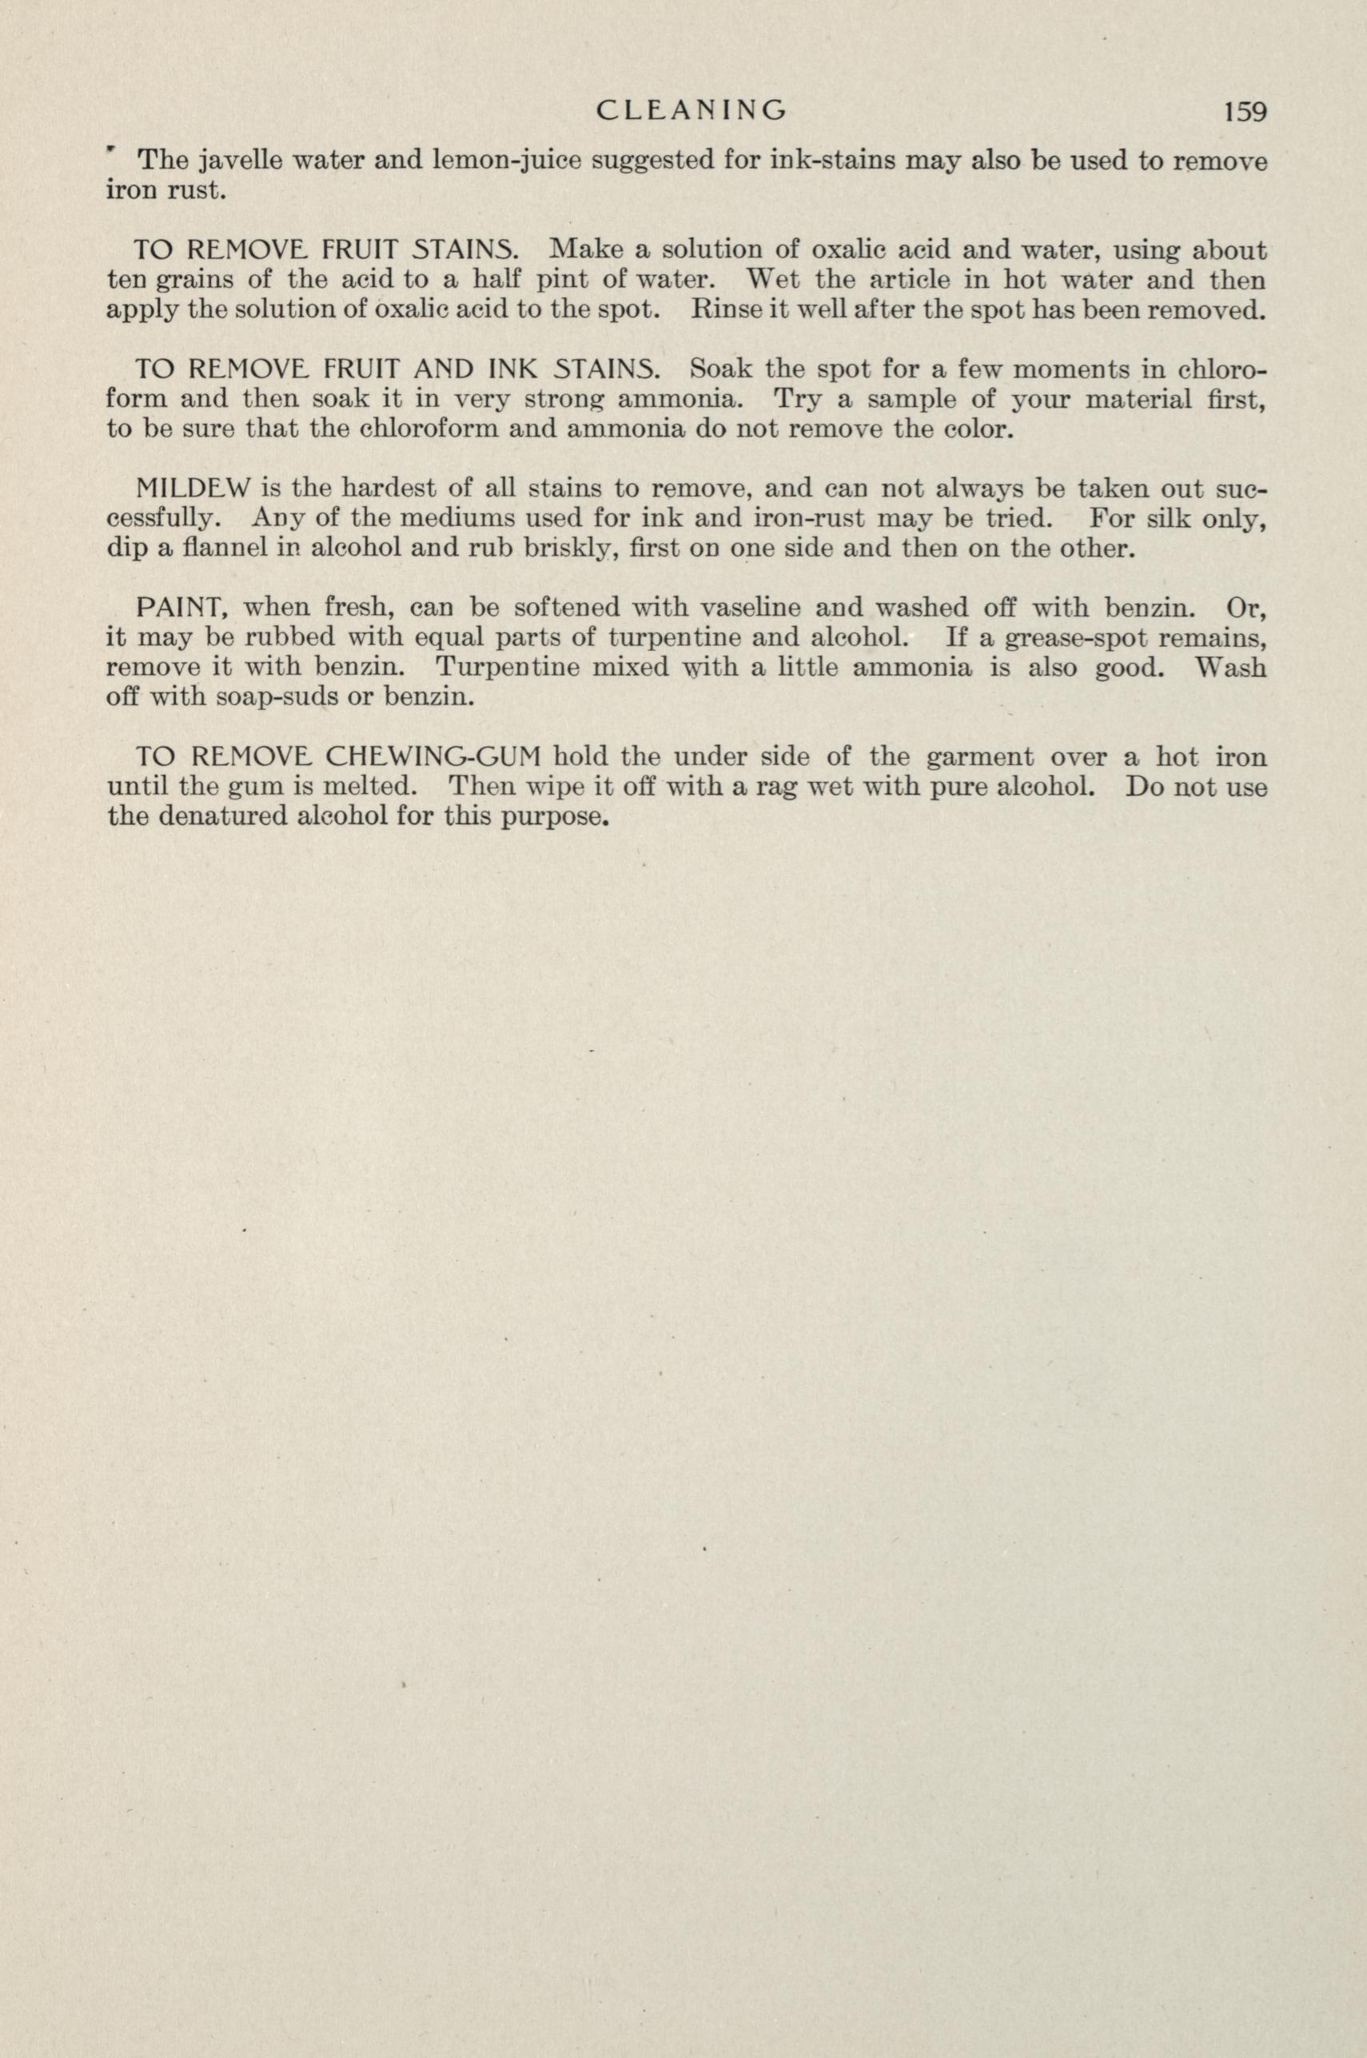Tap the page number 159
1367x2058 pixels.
[x=1235, y=112]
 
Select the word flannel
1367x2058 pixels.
[x=219, y=551]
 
